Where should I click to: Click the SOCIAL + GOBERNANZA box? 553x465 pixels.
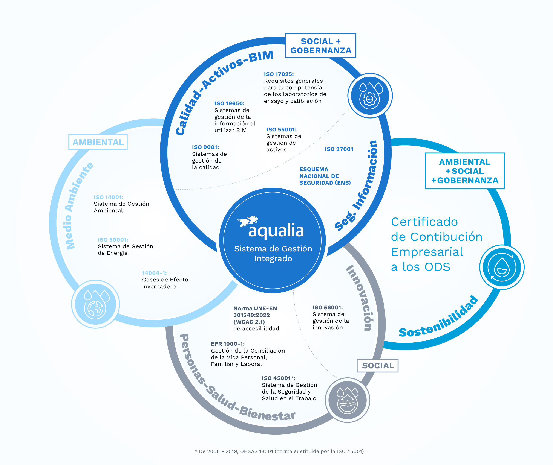(x=321, y=46)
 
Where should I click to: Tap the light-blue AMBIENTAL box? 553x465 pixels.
(x=98, y=142)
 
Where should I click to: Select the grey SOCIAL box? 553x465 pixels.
(x=378, y=366)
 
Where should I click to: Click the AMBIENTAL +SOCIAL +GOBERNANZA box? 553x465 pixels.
(x=465, y=171)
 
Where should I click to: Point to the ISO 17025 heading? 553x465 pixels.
(x=279, y=74)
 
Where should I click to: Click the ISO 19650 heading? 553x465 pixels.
(x=229, y=103)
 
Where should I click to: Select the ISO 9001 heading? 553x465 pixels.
(x=205, y=147)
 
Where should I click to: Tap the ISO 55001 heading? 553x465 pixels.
(x=281, y=129)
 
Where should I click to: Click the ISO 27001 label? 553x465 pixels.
(x=339, y=149)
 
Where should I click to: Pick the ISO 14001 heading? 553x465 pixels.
(x=109, y=197)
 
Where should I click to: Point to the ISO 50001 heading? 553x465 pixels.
(x=113, y=240)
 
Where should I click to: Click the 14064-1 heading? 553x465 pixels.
(x=154, y=273)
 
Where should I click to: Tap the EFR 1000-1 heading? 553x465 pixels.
(x=228, y=344)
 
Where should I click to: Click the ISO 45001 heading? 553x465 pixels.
(x=278, y=378)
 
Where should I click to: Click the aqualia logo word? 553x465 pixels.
(x=276, y=230)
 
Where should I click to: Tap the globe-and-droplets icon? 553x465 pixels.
(x=95, y=304)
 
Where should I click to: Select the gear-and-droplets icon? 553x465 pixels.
(x=370, y=96)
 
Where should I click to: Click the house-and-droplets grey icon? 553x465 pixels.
(x=348, y=400)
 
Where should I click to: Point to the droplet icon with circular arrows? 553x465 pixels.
(x=502, y=267)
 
